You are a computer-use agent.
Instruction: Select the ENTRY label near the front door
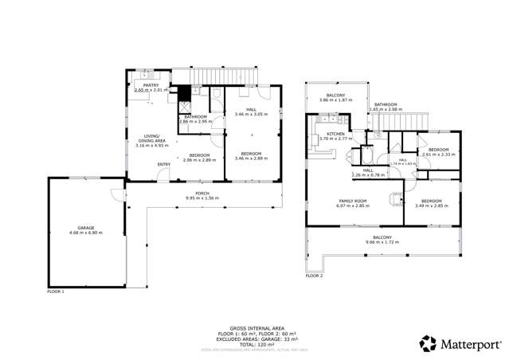pyautogui.click(x=163, y=165)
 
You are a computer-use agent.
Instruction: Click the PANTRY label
pyautogui.click(x=151, y=85)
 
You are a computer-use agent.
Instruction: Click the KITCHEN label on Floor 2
pyautogui.click(x=335, y=134)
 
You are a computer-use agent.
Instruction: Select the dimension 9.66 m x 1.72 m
pyautogui.click(x=383, y=242)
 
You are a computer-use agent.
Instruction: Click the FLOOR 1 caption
pyautogui.click(x=57, y=292)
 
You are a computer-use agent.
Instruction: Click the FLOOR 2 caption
pyautogui.click(x=314, y=276)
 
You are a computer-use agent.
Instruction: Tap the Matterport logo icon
pyautogui.click(x=429, y=344)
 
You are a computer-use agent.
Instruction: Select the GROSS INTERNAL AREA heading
pyautogui.click(x=254, y=327)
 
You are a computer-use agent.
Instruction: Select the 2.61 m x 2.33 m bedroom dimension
pyautogui.click(x=439, y=155)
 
